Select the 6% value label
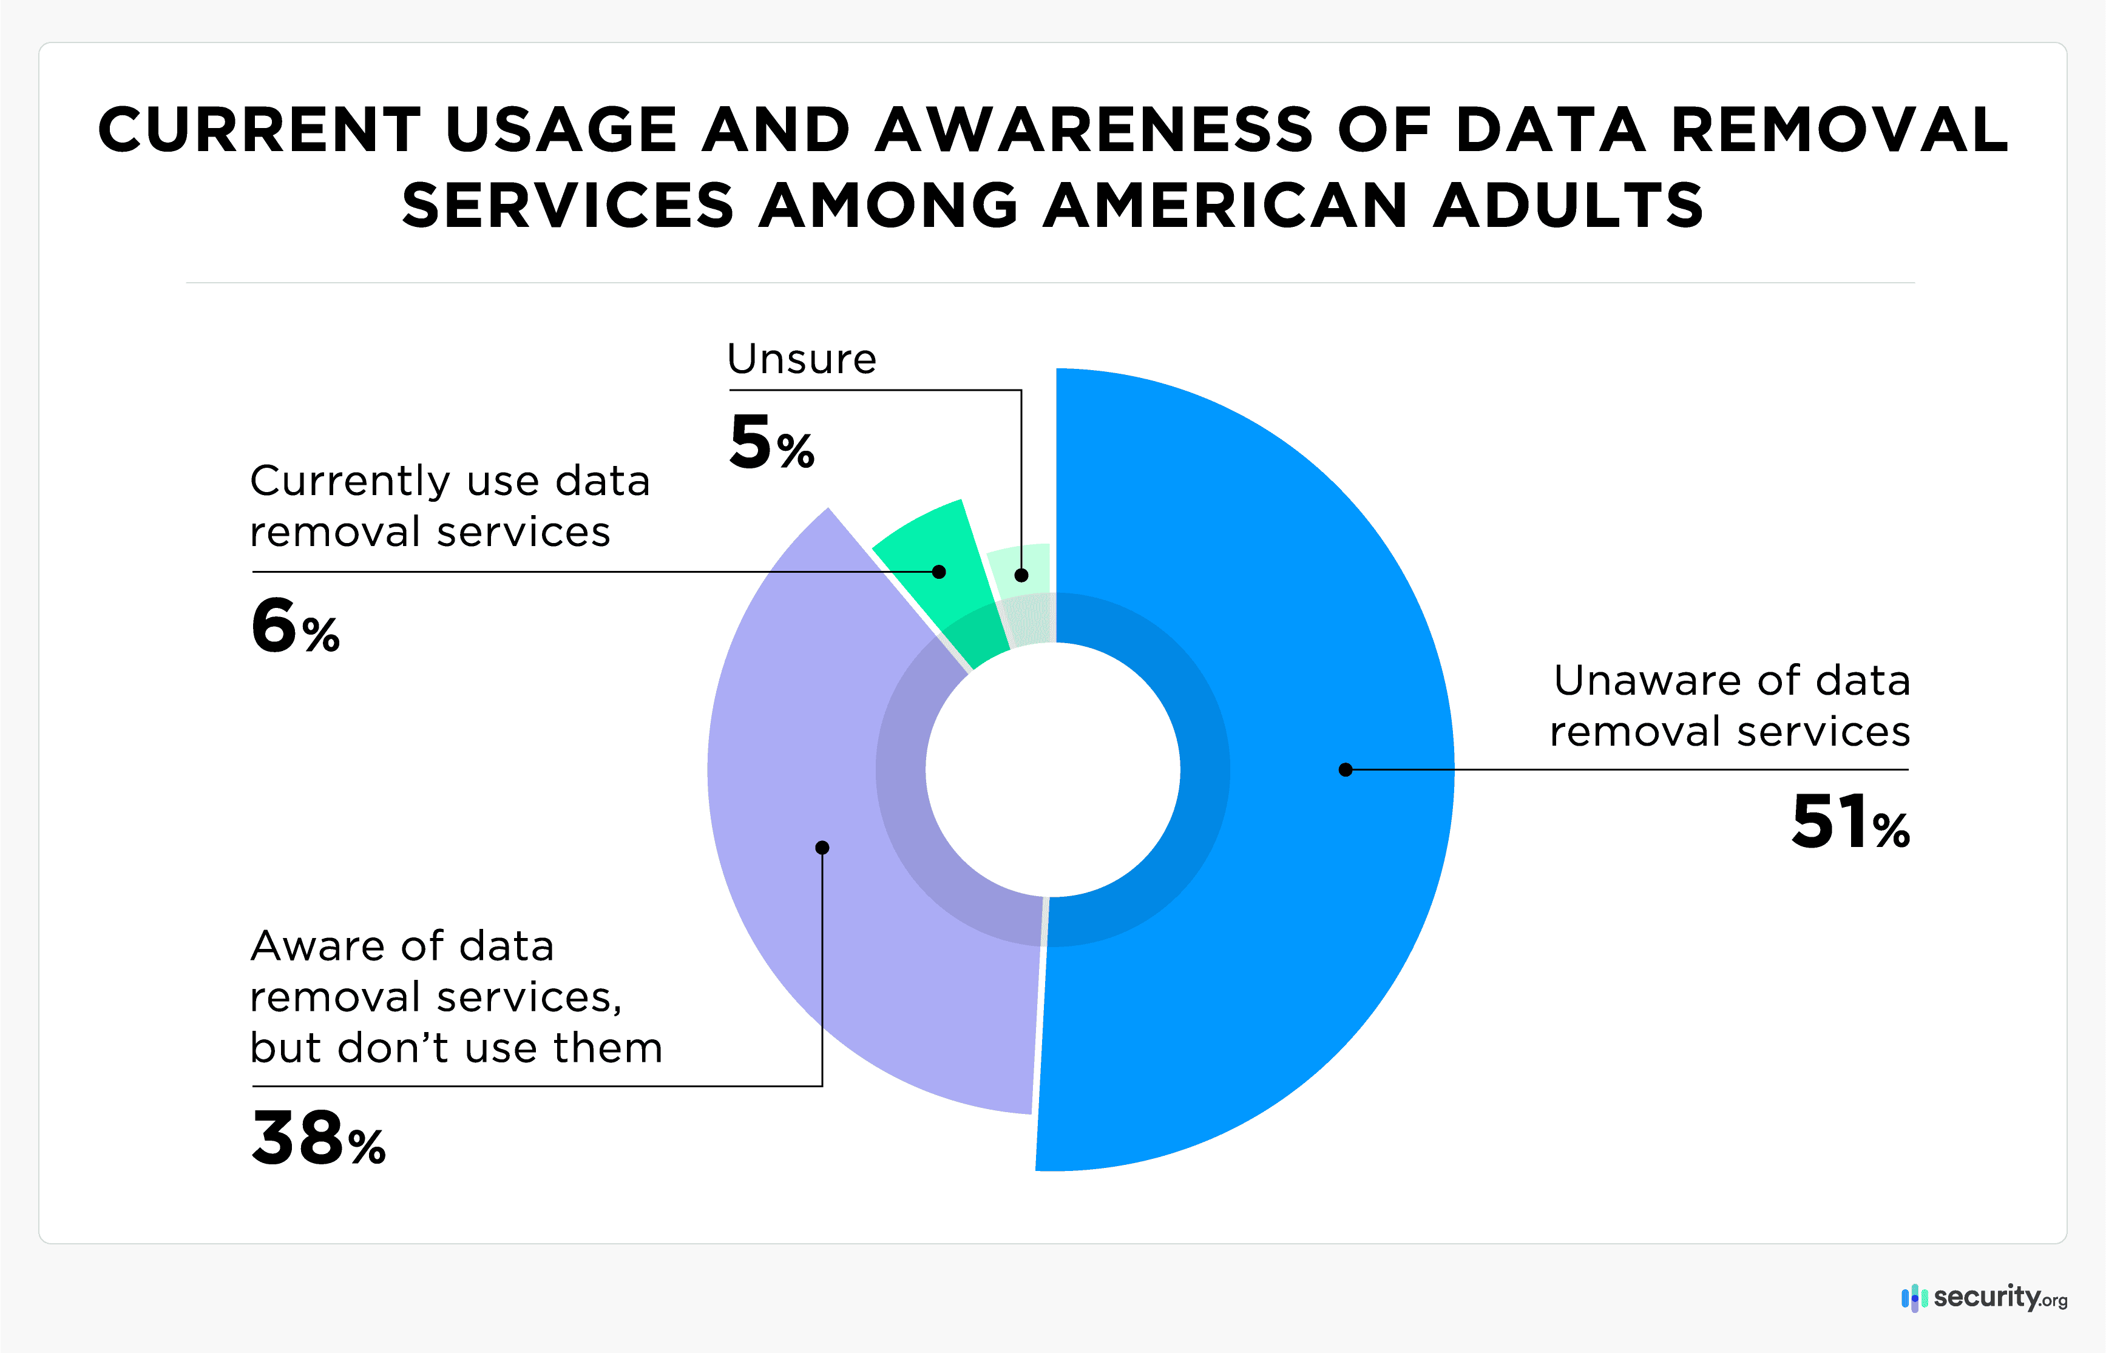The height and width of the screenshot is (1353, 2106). pyautogui.click(x=295, y=626)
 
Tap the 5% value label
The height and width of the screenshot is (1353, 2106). pyautogui.click(x=771, y=443)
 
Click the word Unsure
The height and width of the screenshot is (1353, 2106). pyautogui.click(x=801, y=359)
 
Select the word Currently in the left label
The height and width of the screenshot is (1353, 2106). pyautogui.click(x=351, y=482)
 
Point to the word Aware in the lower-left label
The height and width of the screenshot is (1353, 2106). pyautogui.click(x=318, y=946)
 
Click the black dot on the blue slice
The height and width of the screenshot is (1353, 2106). pyautogui.click(x=1345, y=769)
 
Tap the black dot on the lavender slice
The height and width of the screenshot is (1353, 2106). pyautogui.click(x=822, y=848)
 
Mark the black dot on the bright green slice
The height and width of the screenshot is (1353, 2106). pyautogui.click(x=940, y=572)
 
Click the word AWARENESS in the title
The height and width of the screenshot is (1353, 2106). pyautogui.click(x=1094, y=130)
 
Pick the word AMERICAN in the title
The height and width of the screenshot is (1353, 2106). pyautogui.click(x=1225, y=206)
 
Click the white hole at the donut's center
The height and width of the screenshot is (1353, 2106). pyautogui.click(x=1052, y=769)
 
